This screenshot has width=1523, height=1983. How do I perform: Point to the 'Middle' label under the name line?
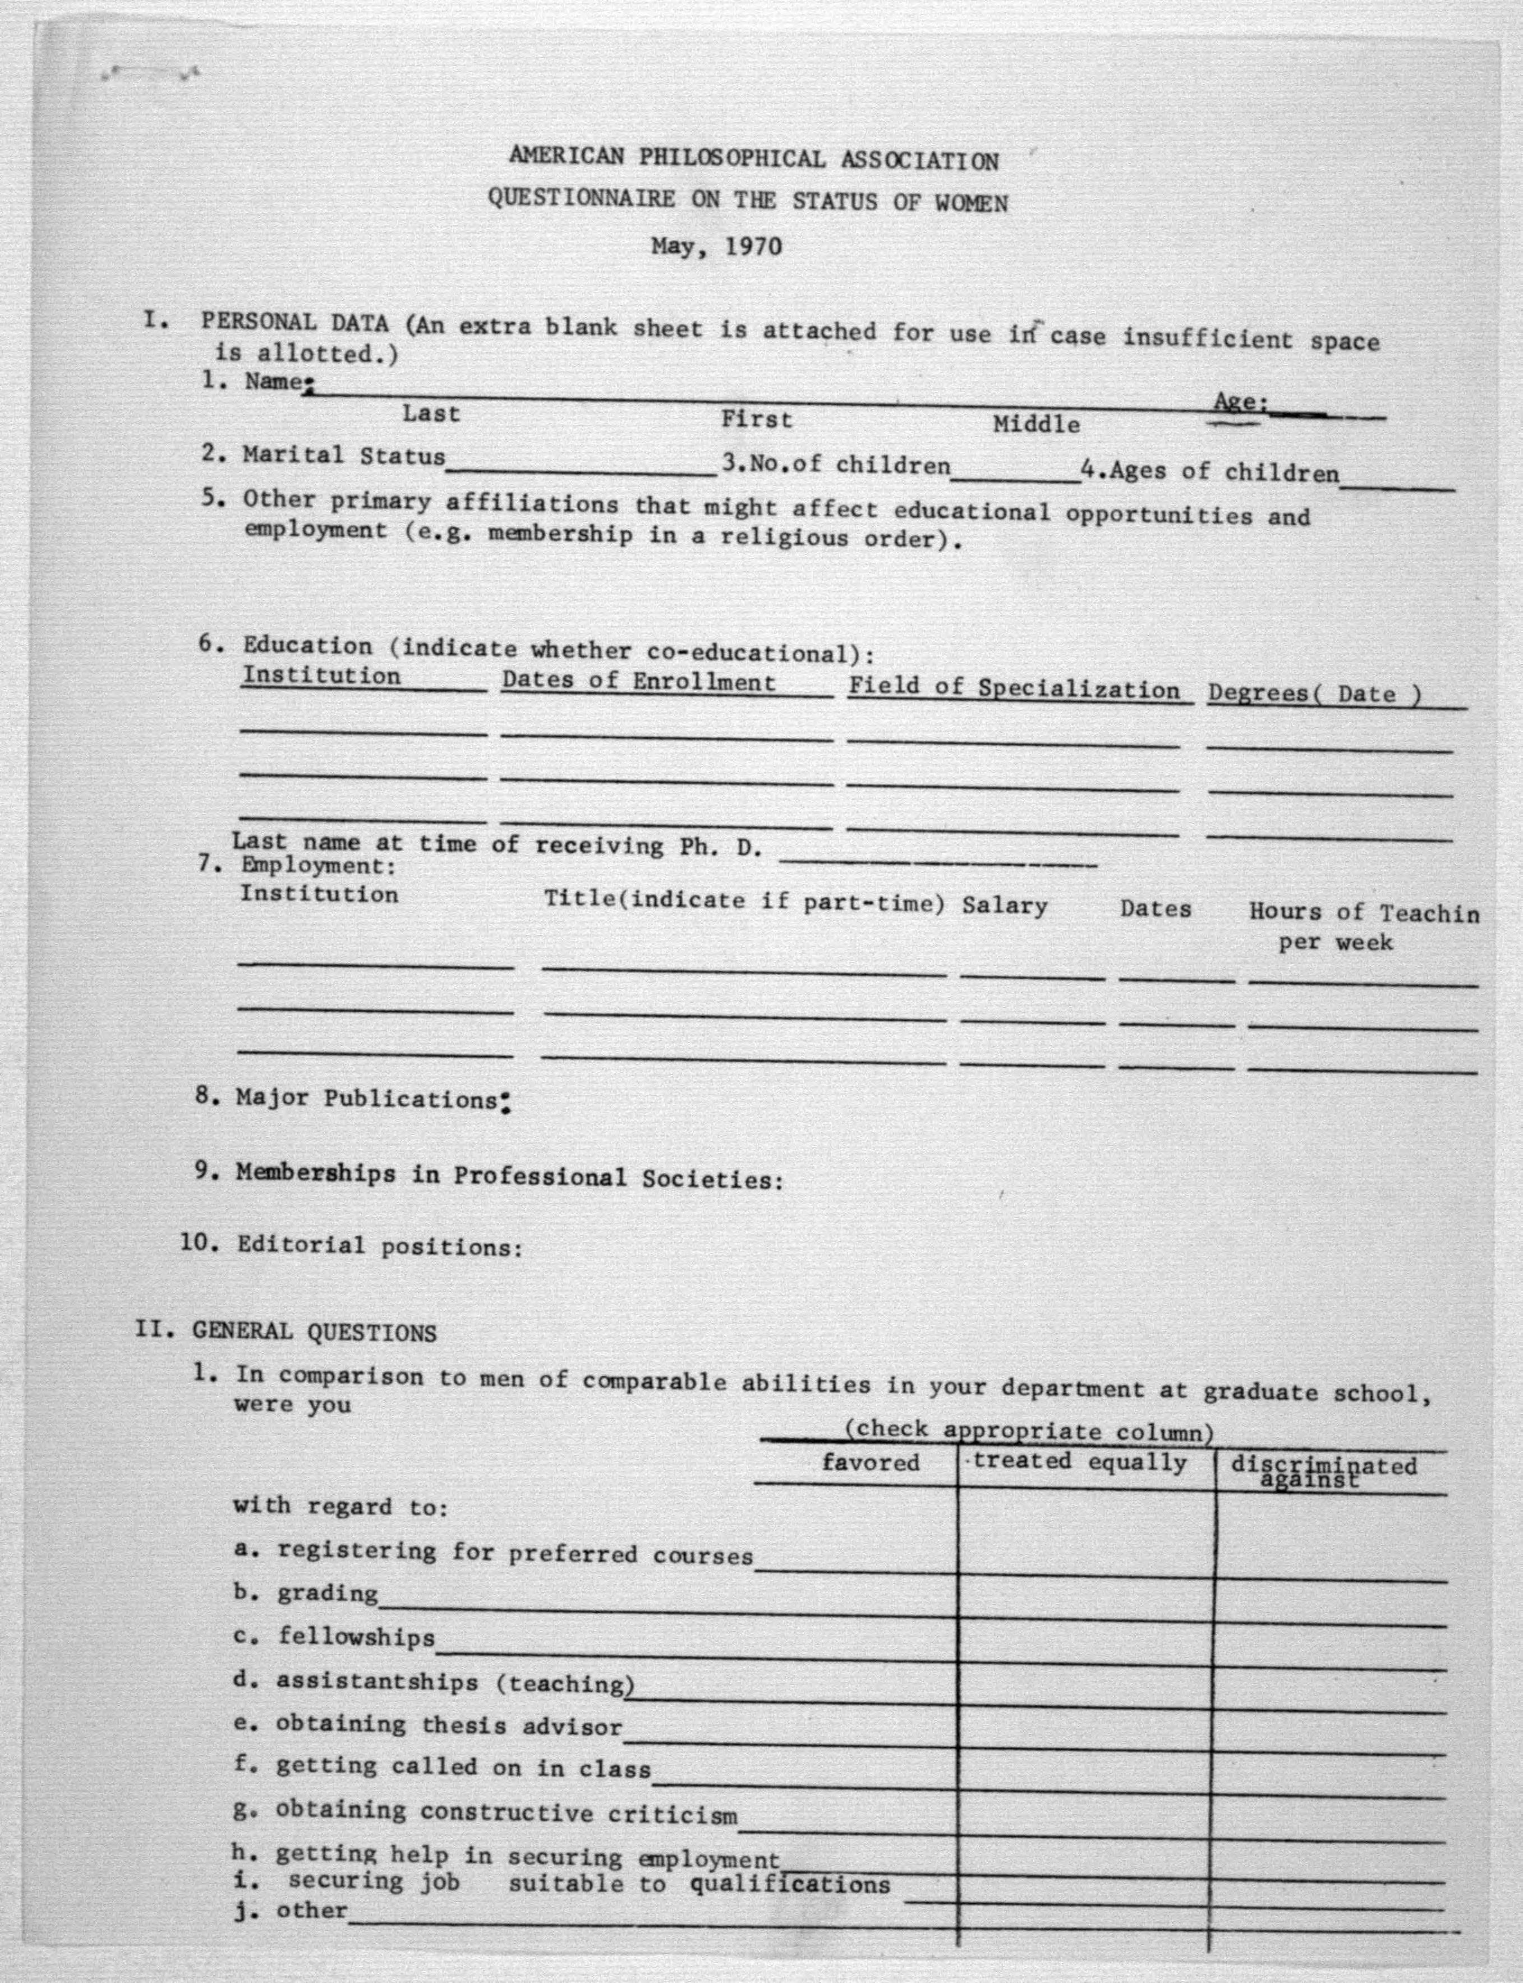tap(1036, 424)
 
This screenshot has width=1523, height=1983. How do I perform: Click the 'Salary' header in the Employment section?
tap(1005, 905)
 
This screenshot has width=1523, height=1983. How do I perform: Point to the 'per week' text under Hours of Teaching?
tap(1335, 943)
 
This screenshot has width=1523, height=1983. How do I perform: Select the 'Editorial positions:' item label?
tap(380, 1247)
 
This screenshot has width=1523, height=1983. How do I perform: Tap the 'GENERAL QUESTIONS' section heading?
tap(314, 1333)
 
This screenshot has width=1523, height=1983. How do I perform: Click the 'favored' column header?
tap(870, 1462)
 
